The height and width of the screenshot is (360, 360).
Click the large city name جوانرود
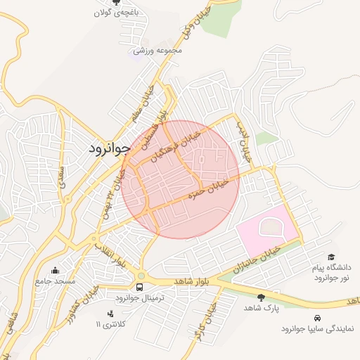point(111,149)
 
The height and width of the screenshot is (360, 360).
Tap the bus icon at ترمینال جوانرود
point(140,288)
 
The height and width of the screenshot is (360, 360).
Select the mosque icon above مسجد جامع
point(56,270)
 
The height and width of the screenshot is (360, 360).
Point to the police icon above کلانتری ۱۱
point(109,314)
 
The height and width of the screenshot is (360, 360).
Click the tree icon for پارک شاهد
point(262,297)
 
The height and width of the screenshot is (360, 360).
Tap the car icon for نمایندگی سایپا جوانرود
point(319,318)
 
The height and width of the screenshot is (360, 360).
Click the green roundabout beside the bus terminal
point(141,276)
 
